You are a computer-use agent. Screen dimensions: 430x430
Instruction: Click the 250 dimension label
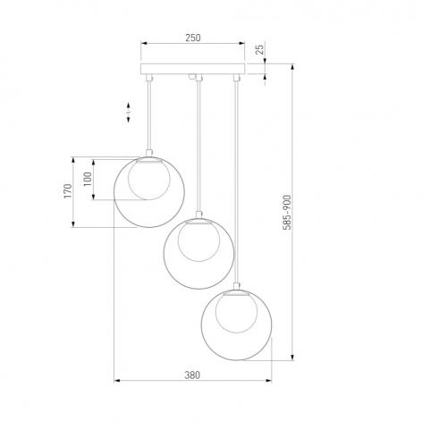pos(193,38)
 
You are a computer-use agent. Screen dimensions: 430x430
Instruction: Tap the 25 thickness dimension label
pos(260,49)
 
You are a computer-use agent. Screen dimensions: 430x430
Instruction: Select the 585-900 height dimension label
pos(287,212)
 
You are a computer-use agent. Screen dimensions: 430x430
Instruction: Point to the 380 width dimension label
pos(192,375)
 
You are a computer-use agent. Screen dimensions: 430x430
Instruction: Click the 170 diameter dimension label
pos(68,191)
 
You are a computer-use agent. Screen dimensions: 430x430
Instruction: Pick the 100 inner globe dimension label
pos(88,179)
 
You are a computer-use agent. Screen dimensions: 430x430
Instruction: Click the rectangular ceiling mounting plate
pos(192,69)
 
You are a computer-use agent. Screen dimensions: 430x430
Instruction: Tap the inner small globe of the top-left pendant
pos(149,179)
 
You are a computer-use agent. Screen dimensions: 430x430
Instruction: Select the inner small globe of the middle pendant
pos(198,241)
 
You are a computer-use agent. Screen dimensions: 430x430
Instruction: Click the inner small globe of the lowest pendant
pos(236,312)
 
